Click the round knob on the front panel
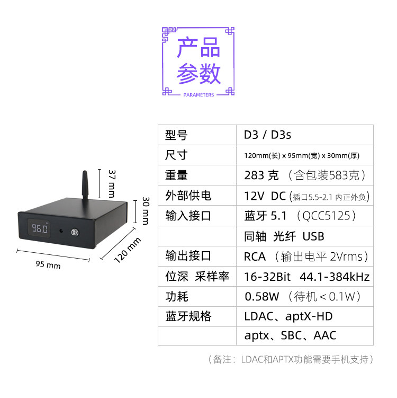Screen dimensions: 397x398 (x=76, y=232)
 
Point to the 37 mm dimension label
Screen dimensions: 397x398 (x=111, y=182)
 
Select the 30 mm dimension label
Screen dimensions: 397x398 (x=146, y=210)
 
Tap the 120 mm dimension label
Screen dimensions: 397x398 (x=128, y=250)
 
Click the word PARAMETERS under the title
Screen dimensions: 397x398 (x=198, y=95)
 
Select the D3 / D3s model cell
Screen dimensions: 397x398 (x=267, y=135)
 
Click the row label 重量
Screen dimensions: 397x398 (x=176, y=175)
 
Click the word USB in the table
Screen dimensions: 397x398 (x=313, y=236)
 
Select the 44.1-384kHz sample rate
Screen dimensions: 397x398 (x=335, y=276)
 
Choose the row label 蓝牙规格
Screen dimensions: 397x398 (x=188, y=316)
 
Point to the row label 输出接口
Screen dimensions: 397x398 (x=188, y=256)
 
